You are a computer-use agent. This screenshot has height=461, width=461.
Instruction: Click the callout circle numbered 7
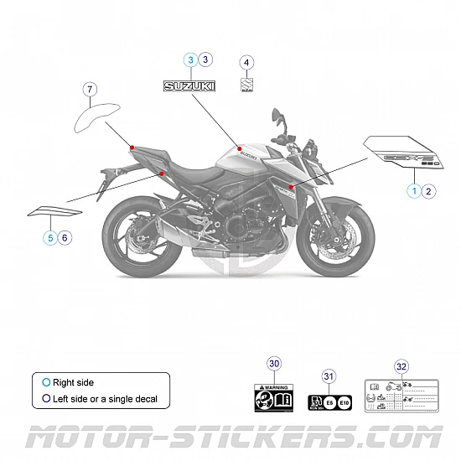pyautogui.click(x=91, y=88)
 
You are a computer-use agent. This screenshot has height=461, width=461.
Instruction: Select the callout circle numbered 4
pyautogui.click(x=246, y=61)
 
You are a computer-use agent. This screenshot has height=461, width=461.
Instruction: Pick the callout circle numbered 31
pyautogui.click(x=329, y=376)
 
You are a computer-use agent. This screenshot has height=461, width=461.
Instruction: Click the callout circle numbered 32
pyautogui.click(x=401, y=366)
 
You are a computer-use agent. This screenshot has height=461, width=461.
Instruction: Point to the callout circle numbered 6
pyautogui.click(x=66, y=238)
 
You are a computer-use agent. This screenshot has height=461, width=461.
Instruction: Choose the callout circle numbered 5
pyautogui.click(x=51, y=238)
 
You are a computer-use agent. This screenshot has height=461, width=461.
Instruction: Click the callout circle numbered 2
pyautogui.click(x=429, y=191)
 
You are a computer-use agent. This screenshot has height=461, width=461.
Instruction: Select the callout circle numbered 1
pyautogui.click(x=414, y=191)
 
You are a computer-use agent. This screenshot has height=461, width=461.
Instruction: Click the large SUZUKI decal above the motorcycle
pyautogui.click(x=189, y=85)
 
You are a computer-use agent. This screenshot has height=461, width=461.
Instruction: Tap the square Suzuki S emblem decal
pyautogui.click(x=246, y=85)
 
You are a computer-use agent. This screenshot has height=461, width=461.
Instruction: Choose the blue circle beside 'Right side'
pyautogui.click(x=46, y=382)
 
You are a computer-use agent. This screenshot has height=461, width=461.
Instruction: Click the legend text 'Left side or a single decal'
pyautogui.click(x=105, y=399)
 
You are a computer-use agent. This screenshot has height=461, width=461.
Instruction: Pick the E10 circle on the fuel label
pyautogui.click(x=345, y=402)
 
